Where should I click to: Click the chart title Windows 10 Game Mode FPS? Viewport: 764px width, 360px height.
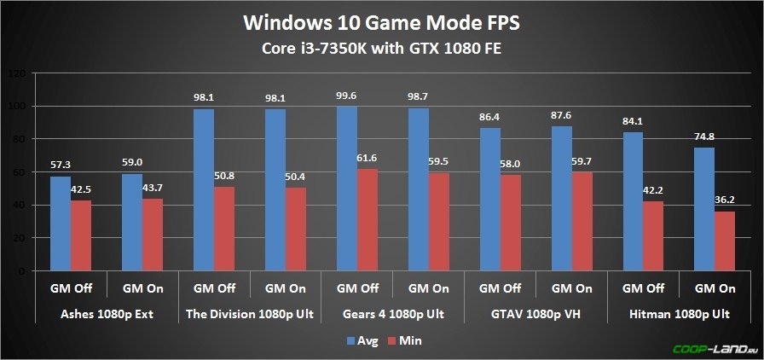coord(381,21)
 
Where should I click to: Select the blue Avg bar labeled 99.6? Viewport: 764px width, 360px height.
coord(347,189)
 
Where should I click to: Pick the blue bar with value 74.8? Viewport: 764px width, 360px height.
coord(703,209)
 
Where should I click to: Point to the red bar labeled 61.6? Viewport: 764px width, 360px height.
coord(367,220)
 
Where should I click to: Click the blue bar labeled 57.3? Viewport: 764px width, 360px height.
coord(60,224)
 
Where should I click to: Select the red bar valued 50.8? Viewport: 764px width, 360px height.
coord(224,229)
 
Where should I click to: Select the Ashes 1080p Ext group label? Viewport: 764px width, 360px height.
coord(107,314)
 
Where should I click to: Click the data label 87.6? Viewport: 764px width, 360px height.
coord(561,117)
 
